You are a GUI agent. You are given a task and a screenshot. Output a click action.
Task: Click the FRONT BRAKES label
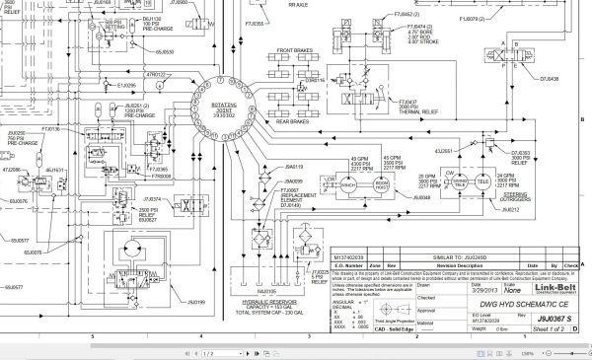coord(294,49)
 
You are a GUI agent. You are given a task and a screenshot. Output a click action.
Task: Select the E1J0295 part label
coord(126,86)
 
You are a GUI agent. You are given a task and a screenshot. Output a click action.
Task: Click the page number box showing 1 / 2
coord(207,353)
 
